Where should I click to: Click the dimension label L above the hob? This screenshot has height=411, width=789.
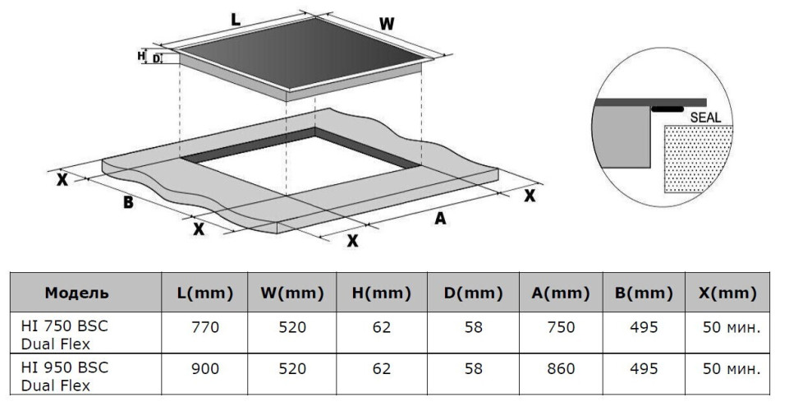click(236, 21)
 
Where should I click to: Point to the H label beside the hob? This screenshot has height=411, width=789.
click(141, 56)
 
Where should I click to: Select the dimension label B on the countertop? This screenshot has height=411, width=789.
click(128, 202)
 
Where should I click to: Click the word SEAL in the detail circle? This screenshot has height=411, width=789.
click(705, 118)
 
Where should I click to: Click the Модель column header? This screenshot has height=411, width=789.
click(76, 293)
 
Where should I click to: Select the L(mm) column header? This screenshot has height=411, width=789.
click(205, 293)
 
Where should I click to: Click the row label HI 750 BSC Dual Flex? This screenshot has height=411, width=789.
click(65, 335)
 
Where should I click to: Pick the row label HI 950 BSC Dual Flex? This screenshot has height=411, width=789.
click(65, 376)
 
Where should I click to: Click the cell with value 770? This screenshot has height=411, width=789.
click(205, 327)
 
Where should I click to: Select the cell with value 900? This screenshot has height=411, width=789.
click(205, 369)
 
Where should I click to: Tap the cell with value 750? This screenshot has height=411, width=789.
click(561, 327)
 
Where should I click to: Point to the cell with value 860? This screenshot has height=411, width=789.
click(561, 369)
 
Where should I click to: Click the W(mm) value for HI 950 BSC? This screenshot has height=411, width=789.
click(291, 369)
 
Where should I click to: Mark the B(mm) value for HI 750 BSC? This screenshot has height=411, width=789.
click(643, 327)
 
